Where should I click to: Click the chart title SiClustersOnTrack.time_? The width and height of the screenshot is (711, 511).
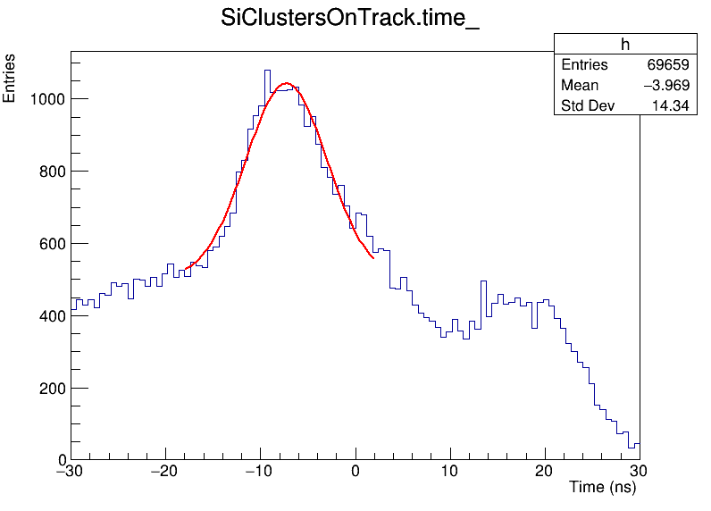[350, 20]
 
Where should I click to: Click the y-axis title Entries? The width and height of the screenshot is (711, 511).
[10, 79]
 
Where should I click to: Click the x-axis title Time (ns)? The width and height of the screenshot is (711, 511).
[603, 488]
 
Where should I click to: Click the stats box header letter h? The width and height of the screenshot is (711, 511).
[625, 45]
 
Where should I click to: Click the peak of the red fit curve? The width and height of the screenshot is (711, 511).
[286, 83]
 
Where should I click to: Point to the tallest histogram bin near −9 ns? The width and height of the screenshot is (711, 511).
[267, 71]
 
